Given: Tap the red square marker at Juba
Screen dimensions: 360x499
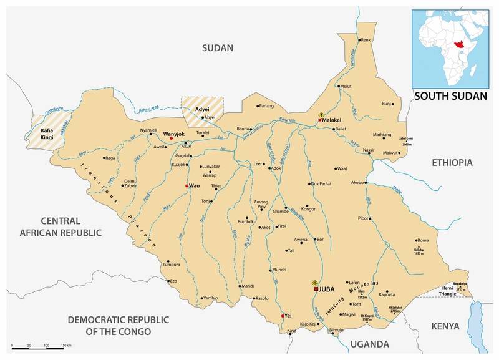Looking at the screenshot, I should (316, 289).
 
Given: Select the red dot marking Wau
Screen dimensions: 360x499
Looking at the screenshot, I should (187, 186).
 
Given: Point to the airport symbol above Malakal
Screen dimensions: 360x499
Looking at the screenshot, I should (321, 115).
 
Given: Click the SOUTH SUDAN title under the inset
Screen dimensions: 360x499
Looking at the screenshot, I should (452, 97).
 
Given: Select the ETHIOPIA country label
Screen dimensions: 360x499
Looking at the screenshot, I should (452, 162).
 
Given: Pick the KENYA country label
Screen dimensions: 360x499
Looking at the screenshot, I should (445, 326).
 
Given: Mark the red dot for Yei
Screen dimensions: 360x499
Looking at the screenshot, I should (283, 316).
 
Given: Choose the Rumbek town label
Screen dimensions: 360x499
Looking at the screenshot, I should (246, 222).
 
